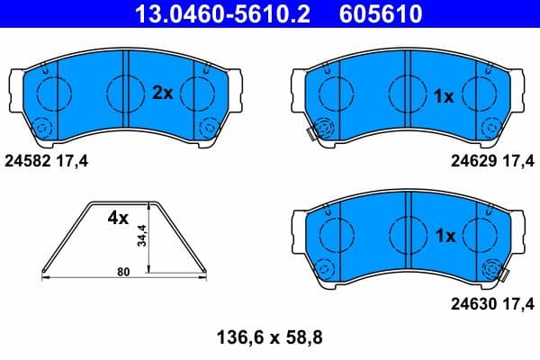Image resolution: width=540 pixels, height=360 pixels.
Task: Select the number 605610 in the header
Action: pos(379,14)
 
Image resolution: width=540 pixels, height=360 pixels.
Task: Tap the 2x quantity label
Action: pos(161,94)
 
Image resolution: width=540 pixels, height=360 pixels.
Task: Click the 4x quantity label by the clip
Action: pos(119,218)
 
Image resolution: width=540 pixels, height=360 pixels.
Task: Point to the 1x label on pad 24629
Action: pos(444,95)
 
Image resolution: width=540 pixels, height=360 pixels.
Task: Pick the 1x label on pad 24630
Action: pos(444,237)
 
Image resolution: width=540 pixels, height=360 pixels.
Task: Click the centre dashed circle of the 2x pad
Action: pos(124,92)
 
